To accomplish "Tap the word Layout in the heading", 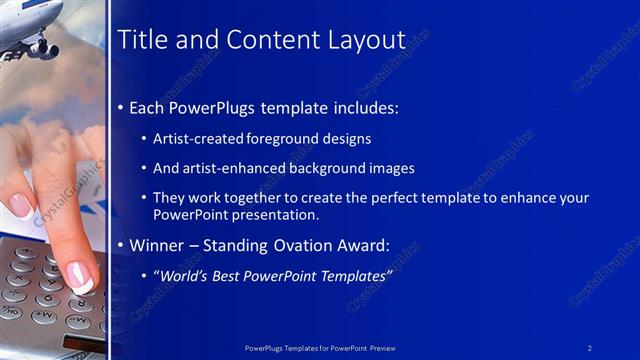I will [x=366, y=40].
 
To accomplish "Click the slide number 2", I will [x=590, y=347].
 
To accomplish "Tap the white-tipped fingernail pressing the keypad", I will [x=80, y=279].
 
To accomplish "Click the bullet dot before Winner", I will [x=121, y=245].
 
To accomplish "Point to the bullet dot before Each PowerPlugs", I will [x=121, y=107].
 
